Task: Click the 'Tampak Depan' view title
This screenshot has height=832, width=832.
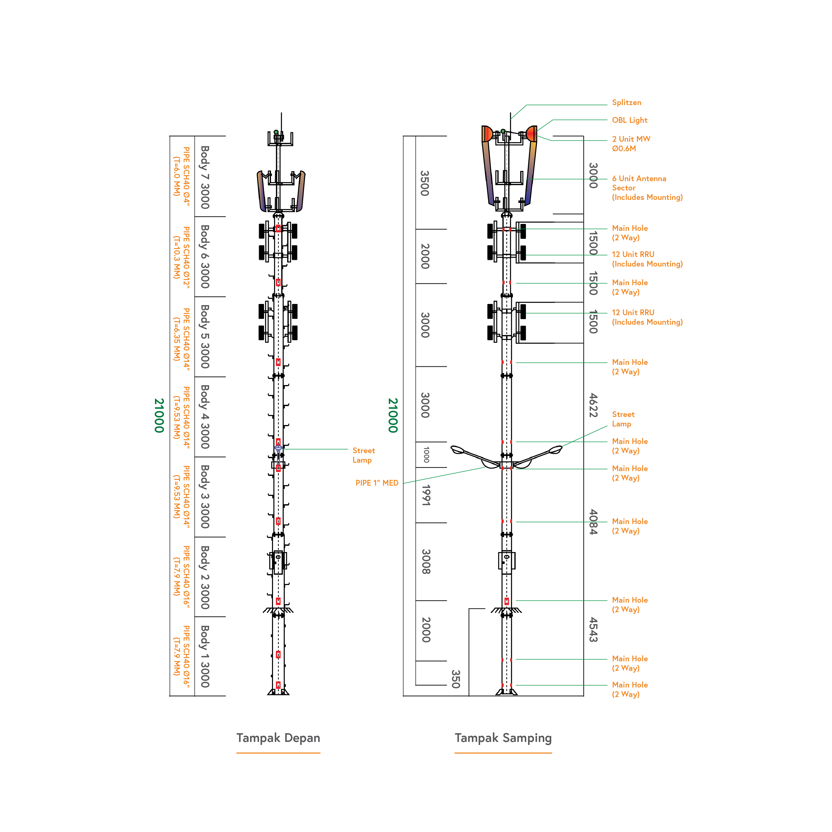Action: (x=278, y=738)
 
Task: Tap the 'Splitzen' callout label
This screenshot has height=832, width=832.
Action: (x=627, y=103)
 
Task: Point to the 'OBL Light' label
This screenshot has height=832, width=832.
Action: (x=630, y=120)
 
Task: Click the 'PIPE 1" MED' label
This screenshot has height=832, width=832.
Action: (x=377, y=483)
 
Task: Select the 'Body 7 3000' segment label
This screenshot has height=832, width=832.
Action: (x=205, y=177)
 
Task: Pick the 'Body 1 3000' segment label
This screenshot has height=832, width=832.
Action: (x=205, y=656)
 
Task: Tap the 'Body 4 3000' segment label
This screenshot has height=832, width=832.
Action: (x=205, y=416)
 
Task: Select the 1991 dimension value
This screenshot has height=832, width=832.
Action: (x=426, y=495)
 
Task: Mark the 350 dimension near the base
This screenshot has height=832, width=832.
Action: (x=456, y=679)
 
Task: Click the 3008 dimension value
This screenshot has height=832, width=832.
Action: (x=426, y=561)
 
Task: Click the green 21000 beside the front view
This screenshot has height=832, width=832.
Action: (x=159, y=416)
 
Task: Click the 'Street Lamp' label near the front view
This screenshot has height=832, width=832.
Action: (x=363, y=455)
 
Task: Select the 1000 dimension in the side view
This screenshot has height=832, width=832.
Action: (x=426, y=455)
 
